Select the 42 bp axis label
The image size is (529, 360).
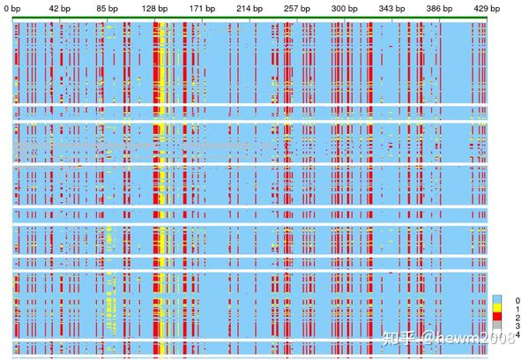pos(60,7)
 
